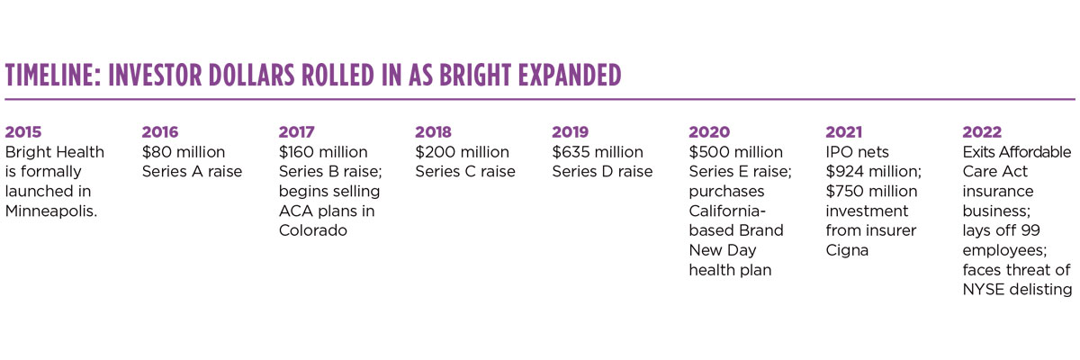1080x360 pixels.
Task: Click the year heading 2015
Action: pos(23,132)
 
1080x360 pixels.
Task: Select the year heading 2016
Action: pos(160,132)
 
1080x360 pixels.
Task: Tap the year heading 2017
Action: pos(296,132)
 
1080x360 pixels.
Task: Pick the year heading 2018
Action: pos(433,132)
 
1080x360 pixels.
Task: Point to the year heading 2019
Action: pos(570,132)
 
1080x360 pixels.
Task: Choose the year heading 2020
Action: pos(709,132)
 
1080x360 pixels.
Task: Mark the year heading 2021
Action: pos(844,132)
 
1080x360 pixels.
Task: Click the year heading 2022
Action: pos(982,132)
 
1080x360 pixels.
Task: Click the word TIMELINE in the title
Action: pos(52,76)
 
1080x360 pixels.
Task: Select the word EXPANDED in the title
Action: pos(565,76)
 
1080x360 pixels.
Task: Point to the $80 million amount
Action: pos(184,152)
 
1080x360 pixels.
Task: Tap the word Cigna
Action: pos(847,250)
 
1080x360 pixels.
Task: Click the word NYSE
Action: pos(984,290)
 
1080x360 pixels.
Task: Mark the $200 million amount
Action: pos(462,152)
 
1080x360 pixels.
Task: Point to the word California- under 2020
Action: pos(725,211)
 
